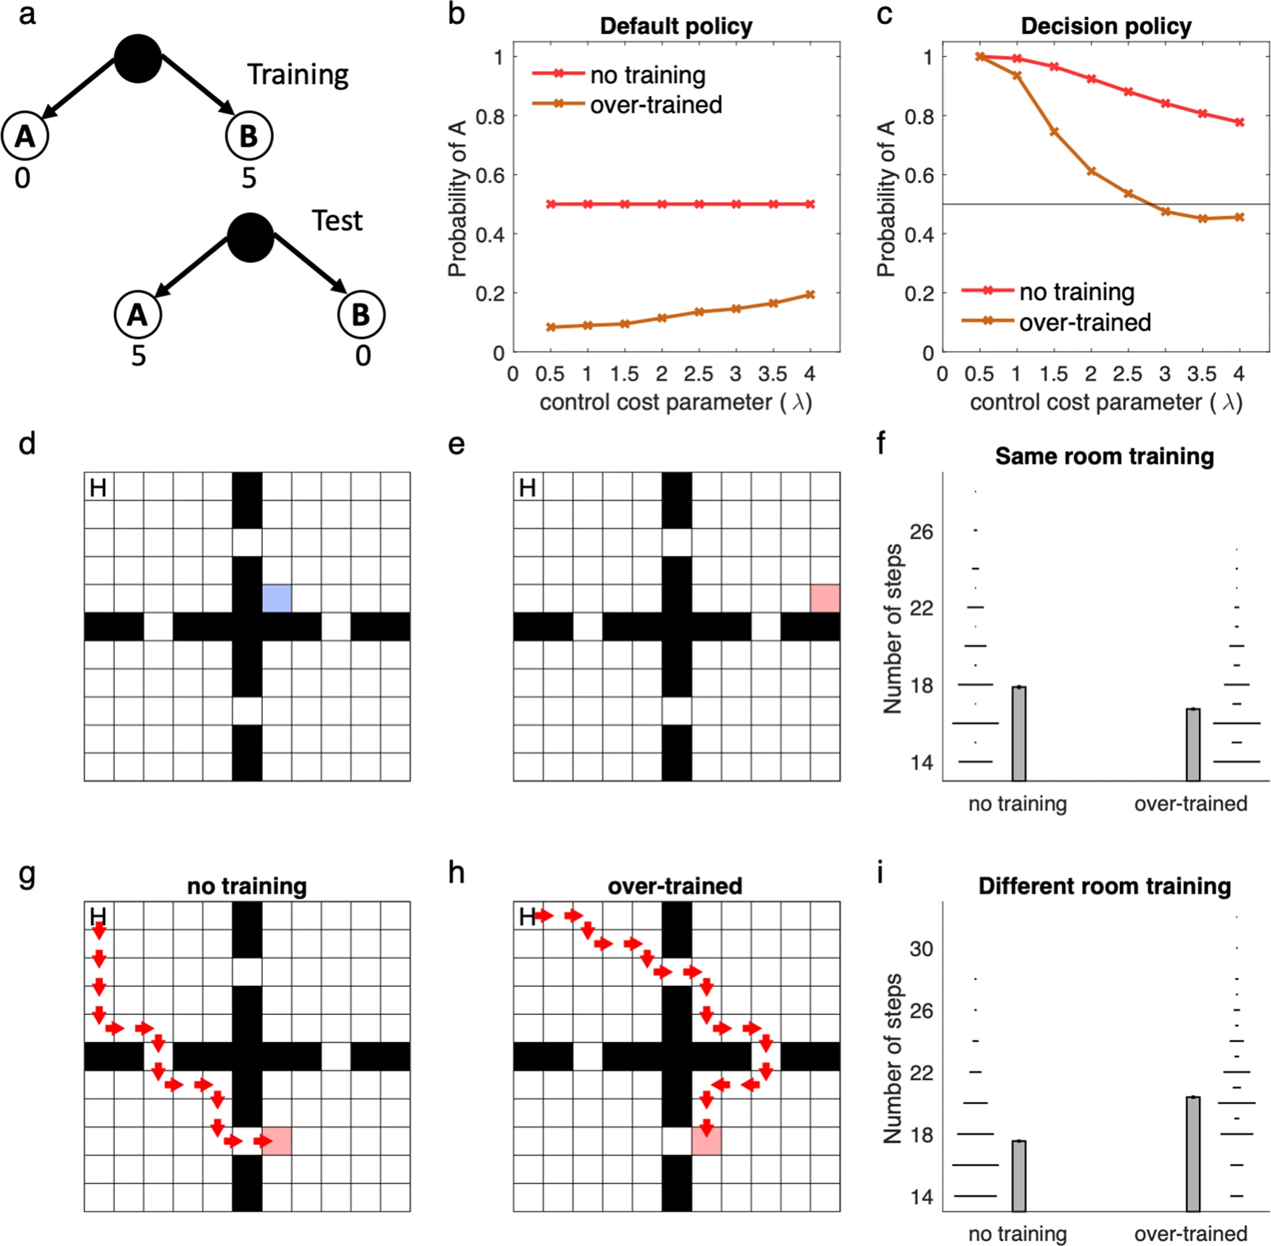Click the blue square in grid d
click(x=277, y=598)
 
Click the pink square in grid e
click(x=825, y=598)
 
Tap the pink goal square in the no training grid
click(x=277, y=1141)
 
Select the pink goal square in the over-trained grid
click(x=706, y=1141)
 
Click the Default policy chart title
click(x=675, y=26)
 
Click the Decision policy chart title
click(x=1105, y=26)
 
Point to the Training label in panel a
click(x=298, y=75)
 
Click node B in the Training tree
click(x=248, y=136)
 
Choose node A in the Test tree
click(x=137, y=315)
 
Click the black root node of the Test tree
click(x=250, y=237)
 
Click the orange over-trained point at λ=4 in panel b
click(x=810, y=295)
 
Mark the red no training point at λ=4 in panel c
click(x=1240, y=122)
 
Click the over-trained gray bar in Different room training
click(x=1193, y=1154)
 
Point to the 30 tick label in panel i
click(x=921, y=949)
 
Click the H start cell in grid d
click(x=99, y=487)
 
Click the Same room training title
click(x=1104, y=456)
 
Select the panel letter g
click(x=27, y=873)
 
